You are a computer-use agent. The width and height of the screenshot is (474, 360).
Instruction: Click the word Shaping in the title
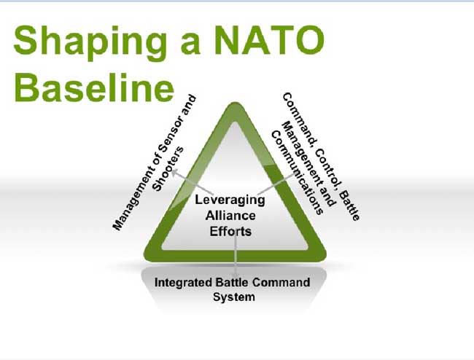[x=90, y=42]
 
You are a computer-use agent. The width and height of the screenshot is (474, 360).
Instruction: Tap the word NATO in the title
[x=270, y=39]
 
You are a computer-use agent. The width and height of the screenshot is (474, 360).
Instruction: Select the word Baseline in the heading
[x=94, y=87]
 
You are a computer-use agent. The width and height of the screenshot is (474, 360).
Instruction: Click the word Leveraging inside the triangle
[x=230, y=200]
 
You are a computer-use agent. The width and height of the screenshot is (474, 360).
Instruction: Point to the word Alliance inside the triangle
[x=230, y=216]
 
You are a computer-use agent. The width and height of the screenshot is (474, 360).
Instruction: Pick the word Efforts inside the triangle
[x=230, y=231]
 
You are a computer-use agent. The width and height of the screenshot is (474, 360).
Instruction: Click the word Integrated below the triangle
[x=183, y=283]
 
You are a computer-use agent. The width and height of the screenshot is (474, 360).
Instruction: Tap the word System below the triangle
[x=233, y=297]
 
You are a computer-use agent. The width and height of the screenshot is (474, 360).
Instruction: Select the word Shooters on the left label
[x=168, y=169]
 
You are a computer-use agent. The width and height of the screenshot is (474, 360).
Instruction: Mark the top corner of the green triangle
[x=235, y=103]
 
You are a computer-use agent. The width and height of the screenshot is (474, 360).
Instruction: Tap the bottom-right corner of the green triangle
[x=325, y=257]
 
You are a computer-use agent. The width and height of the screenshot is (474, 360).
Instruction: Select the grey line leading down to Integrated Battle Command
[x=236, y=251]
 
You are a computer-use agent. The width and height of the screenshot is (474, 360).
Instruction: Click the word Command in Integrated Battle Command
[x=281, y=282]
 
